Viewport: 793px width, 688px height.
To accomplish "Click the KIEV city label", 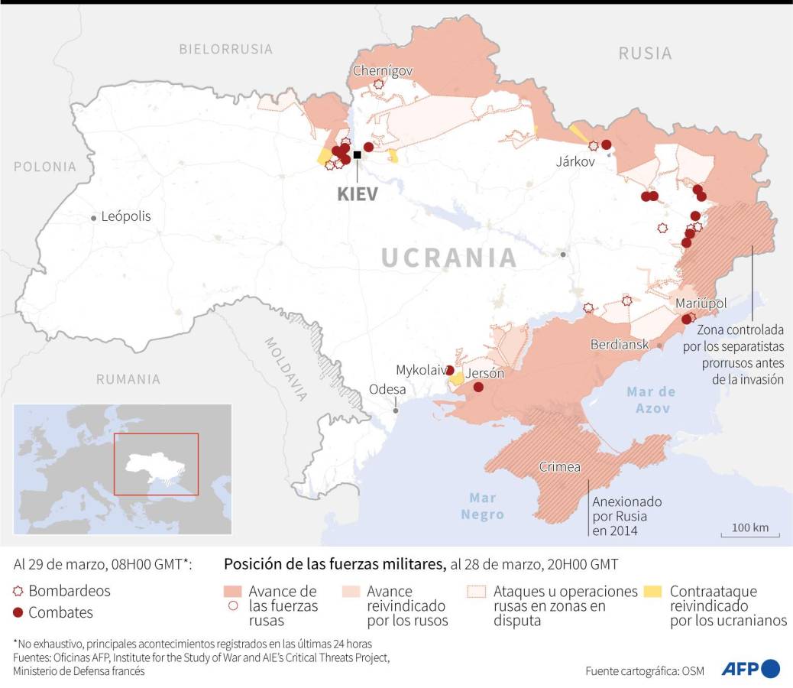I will pyautogui.click(x=358, y=193).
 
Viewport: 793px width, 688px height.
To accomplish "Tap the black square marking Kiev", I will pyautogui.click(x=357, y=155).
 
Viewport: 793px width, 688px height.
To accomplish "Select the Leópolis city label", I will pyautogui.click(x=126, y=216).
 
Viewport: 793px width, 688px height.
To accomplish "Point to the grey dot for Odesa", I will pyautogui.click(x=396, y=411).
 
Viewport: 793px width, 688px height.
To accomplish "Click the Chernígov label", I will pyautogui.click(x=383, y=71).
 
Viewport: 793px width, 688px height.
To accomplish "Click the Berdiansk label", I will pyautogui.click(x=620, y=345).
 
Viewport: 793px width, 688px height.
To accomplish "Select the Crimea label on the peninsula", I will pyautogui.click(x=560, y=467).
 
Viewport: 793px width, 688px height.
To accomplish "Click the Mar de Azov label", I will pyautogui.click(x=651, y=400).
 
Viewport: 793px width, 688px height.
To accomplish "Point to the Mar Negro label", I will pyautogui.click(x=482, y=506).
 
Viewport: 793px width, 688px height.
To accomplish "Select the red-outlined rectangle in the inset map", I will pyautogui.click(x=156, y=464).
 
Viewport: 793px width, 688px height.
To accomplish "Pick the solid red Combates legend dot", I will pyautogui.click(x=18, y=613).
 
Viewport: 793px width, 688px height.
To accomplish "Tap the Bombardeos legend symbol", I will pyautogui.click(x=18, y=592).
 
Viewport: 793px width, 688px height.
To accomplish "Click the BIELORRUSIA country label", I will pyautogui.click(x=225, y=49).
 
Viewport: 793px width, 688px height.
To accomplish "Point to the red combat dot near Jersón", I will pyautogui.click(x=478, y=388).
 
